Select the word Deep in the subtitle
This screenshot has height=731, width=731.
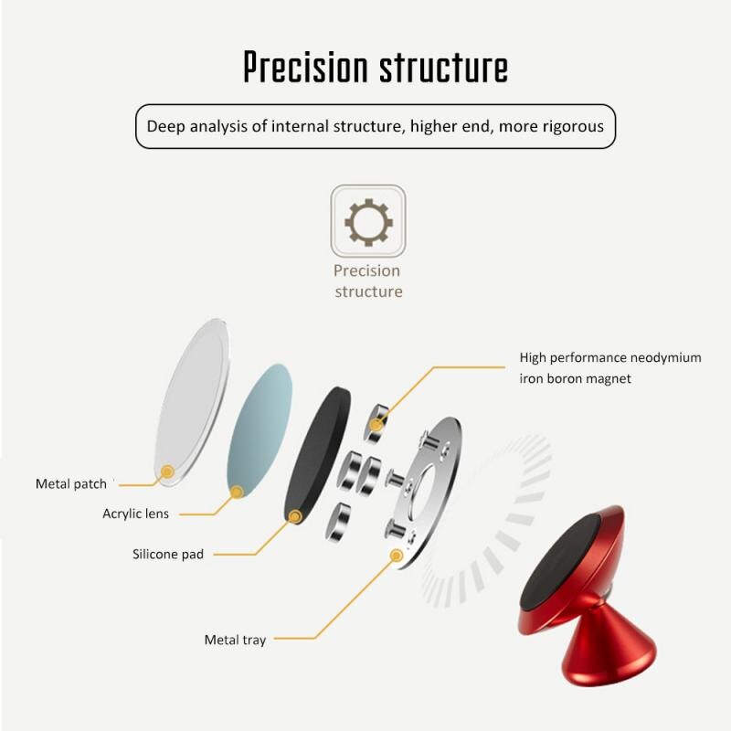[166, 126]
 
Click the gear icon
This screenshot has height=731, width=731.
[367, 221]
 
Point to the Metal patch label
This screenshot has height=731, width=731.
[71, 483]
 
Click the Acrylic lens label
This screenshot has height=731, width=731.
[135, 514]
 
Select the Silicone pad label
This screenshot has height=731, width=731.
[168, 554]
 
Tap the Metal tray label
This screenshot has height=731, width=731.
[235, 640]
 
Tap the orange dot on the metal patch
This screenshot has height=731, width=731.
[166, 472]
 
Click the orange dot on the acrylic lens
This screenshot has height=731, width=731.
[237, 492]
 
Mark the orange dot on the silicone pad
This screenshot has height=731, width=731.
[295, 517]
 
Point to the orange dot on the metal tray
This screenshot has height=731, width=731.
[397, 555]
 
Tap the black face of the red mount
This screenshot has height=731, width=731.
[560, 562]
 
